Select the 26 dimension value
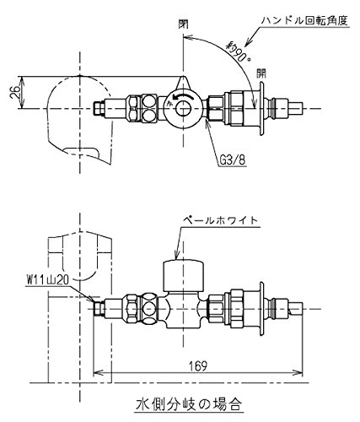coord(16,92)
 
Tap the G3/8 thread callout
coord(232,160)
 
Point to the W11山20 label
coord(48,280)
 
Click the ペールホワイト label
coord(220,219)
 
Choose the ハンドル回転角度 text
coord(305,20)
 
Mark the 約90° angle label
coord(239,51)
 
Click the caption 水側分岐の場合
coord(188,405)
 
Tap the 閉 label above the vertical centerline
coord(183,24)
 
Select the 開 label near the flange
coord(261,73)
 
